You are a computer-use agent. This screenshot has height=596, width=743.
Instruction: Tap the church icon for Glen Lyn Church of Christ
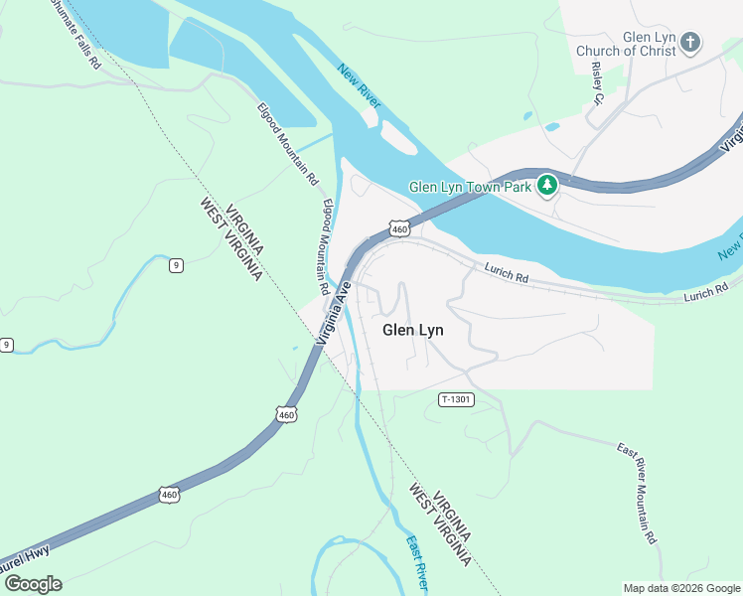point(690,43)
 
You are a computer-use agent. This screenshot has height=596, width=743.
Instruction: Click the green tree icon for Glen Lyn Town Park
point(545,185)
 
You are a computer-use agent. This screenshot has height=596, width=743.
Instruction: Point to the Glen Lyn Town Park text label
point(471,186)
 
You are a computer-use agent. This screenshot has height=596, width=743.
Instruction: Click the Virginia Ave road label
point(335,312)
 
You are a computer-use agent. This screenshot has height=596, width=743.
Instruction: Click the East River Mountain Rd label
point(636,492)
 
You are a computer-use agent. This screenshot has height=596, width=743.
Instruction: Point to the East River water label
point(417,560)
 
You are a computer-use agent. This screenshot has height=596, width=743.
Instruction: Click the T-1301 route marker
point(456,399)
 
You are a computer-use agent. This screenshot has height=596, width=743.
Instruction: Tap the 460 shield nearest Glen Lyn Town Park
point(399,228)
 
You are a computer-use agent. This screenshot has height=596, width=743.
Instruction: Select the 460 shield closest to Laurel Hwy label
point(168,494)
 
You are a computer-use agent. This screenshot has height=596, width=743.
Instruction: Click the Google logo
point(33,583)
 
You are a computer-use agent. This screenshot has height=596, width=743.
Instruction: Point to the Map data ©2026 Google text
point(681,588)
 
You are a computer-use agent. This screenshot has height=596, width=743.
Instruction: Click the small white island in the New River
point(399,140)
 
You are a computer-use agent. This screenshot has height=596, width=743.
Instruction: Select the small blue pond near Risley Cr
point(551,127)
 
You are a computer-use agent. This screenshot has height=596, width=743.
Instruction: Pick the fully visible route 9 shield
point(176,264)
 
